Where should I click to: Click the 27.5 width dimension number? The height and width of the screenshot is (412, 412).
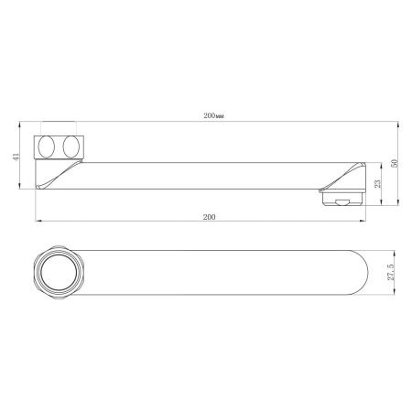pos(394,273)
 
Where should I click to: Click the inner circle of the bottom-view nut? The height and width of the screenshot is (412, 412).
pos(56,273)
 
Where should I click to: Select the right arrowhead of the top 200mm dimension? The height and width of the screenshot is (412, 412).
pos(371,122)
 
